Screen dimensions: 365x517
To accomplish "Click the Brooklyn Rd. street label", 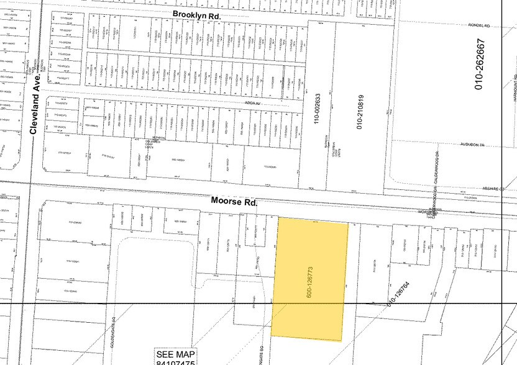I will (197, 14).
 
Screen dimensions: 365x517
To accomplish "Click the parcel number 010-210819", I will (360, 112).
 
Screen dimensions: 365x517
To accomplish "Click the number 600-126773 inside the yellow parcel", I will (309, 280).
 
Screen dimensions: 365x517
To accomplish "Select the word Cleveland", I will (35, 110).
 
